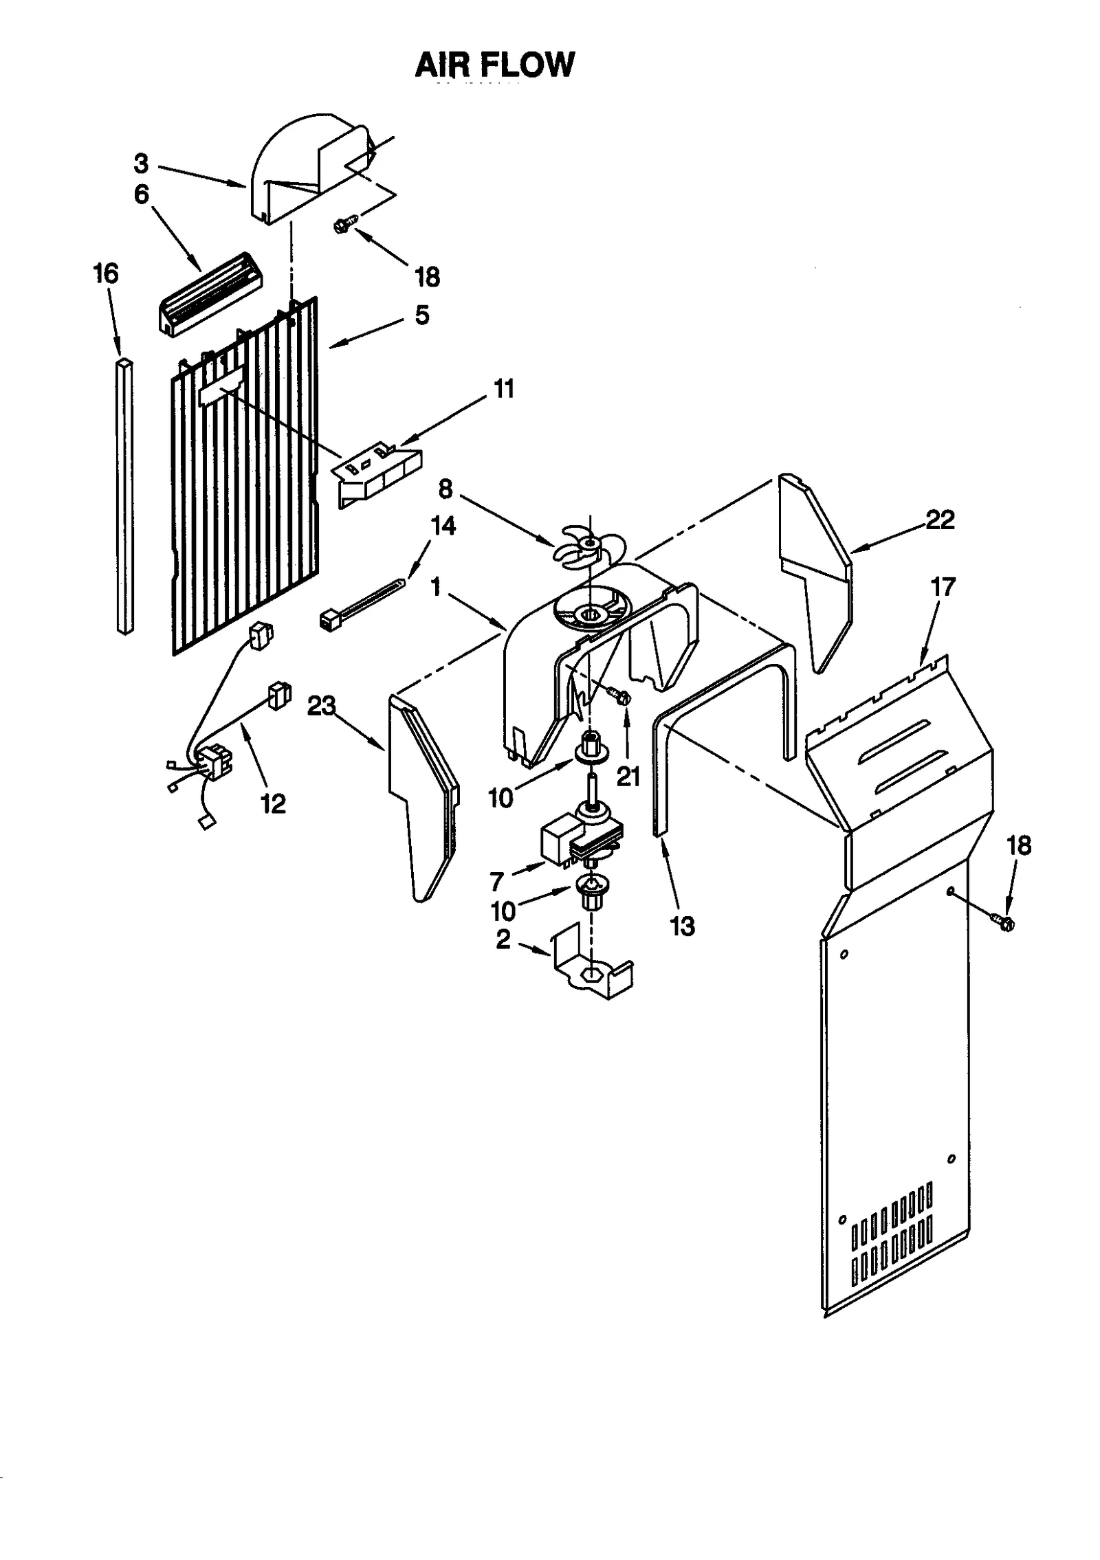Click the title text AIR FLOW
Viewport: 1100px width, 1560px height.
point(494,65)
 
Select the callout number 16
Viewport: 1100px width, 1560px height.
point(106,274)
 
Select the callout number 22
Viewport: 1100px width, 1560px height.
point(940,520)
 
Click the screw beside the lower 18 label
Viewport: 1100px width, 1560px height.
point(1003,922)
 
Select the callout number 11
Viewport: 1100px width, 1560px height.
point(503,389)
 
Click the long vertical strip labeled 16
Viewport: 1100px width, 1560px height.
point(124,495)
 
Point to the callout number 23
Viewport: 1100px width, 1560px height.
point(322,706)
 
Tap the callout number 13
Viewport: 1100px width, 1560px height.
point(682,926)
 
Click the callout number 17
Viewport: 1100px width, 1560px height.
point(943,588)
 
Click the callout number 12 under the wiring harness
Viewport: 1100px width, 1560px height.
point(274,803)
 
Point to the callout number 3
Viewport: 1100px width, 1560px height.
point(141,164)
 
